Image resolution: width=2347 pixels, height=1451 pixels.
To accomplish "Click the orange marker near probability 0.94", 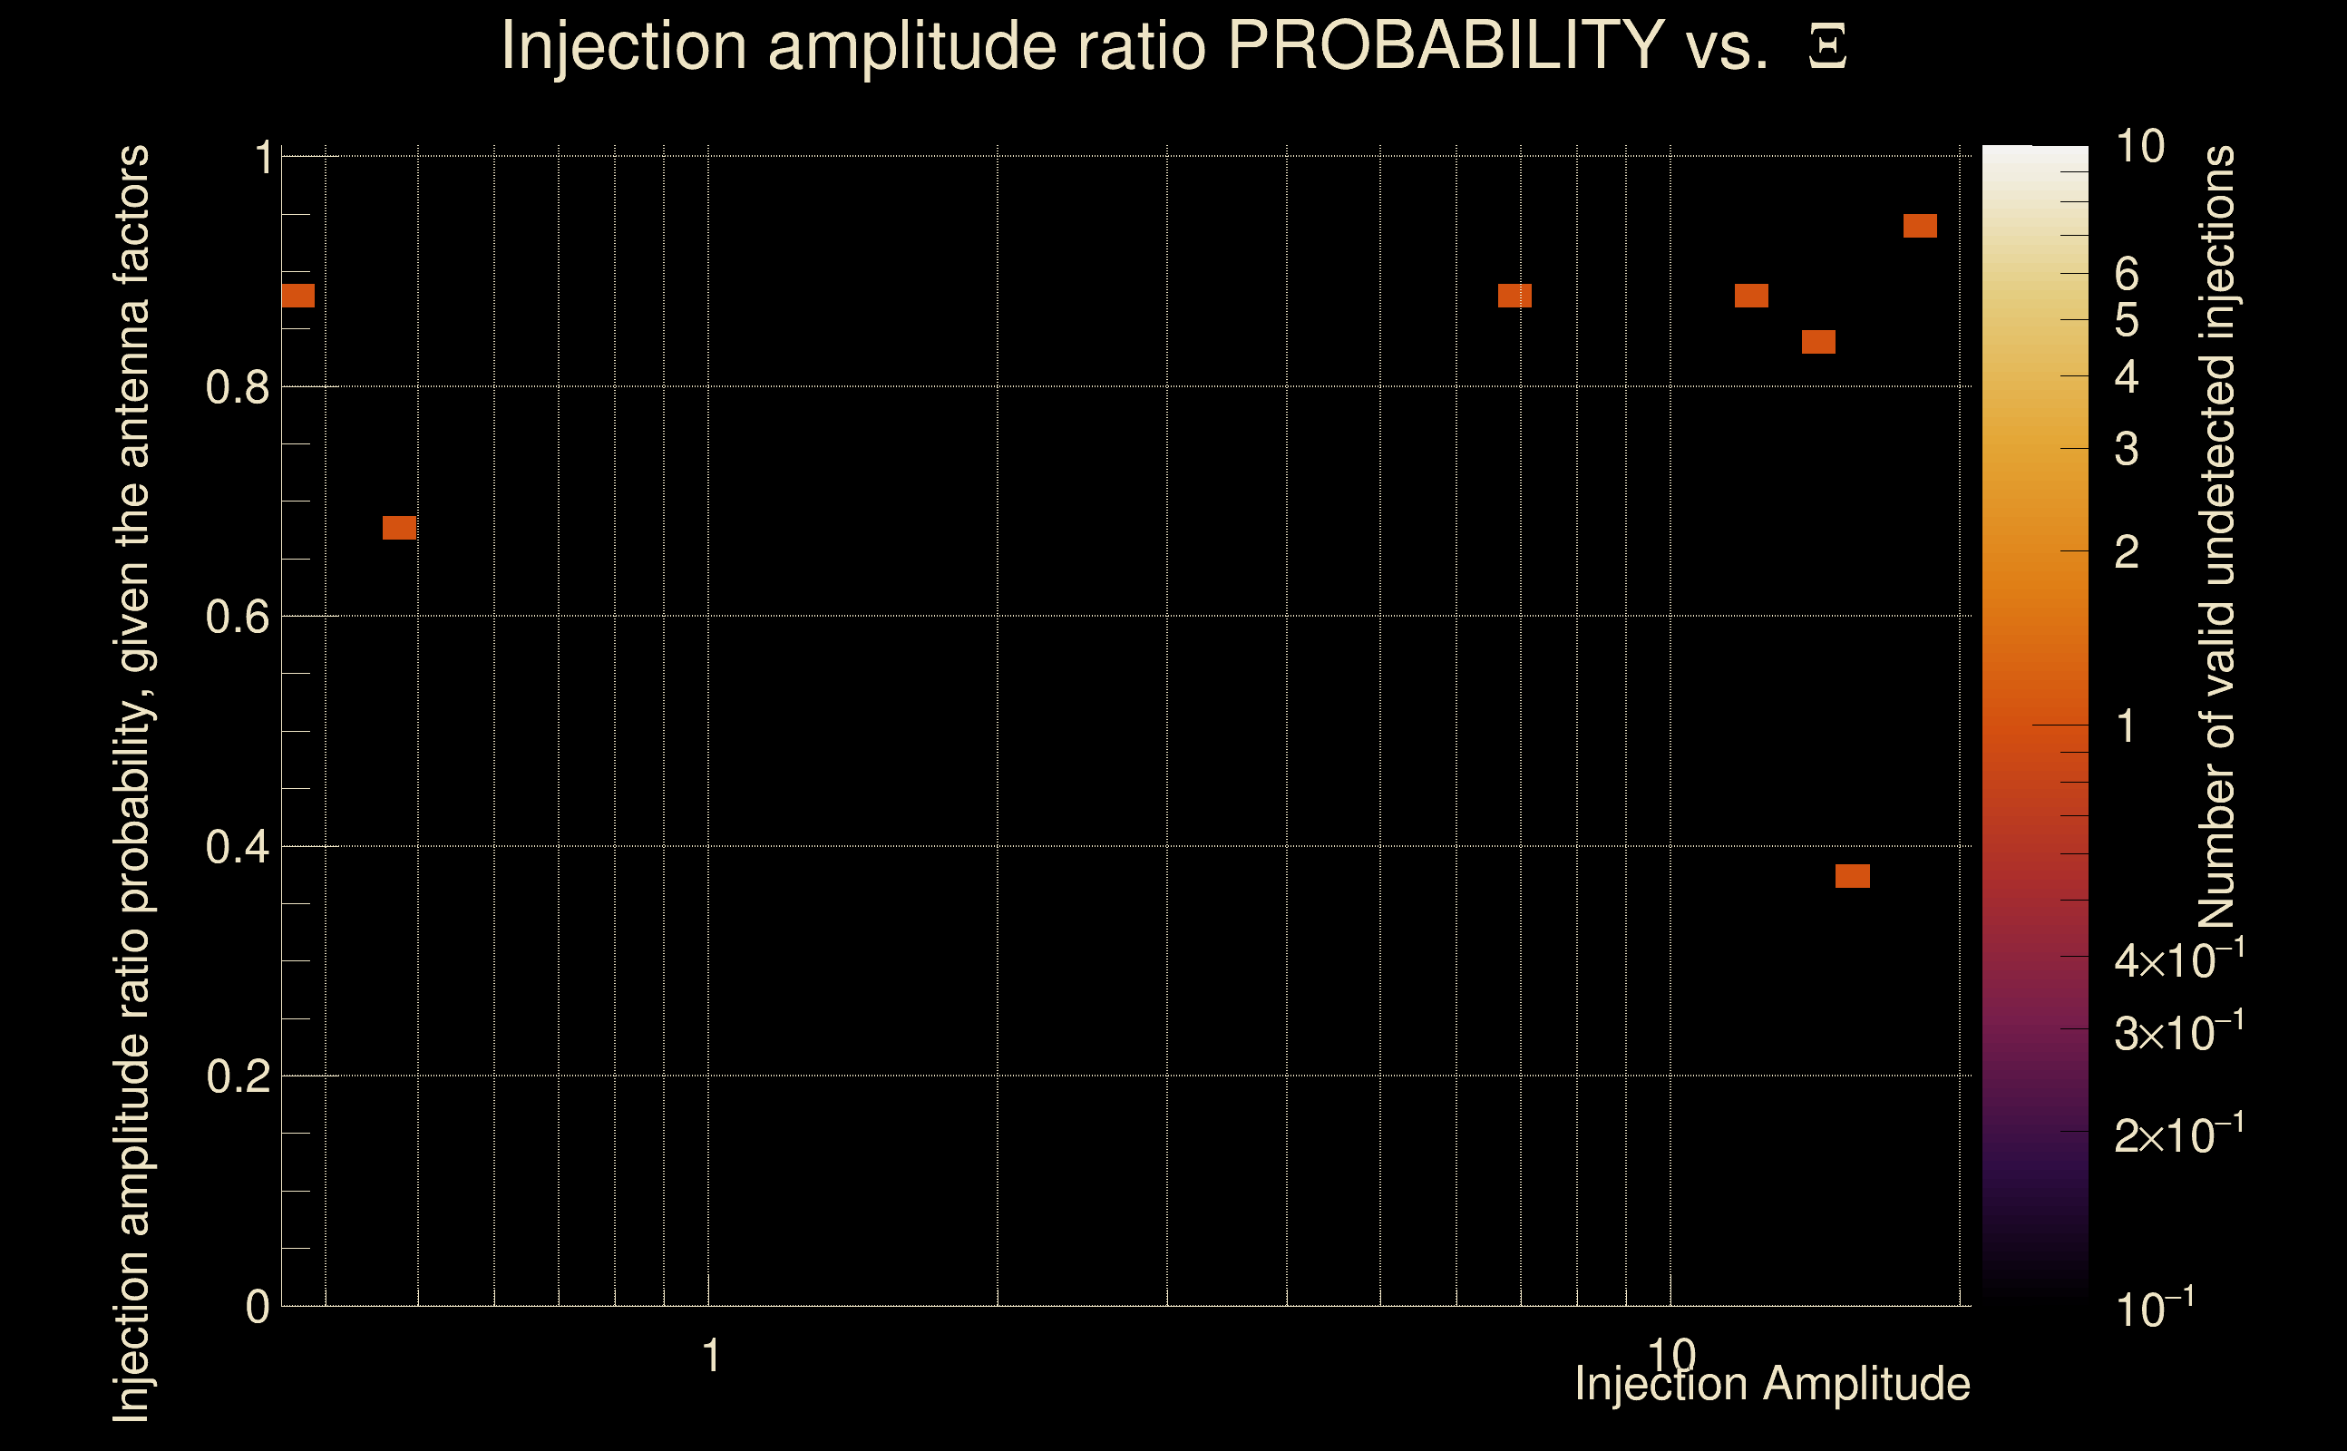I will [x=1920, y=226].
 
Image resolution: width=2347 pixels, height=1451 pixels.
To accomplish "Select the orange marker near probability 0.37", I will [x=1853, y=875].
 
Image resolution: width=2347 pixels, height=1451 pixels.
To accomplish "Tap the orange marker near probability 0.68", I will [x=399, y=527].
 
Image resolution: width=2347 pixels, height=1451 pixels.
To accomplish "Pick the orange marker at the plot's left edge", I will [x=297, y=296].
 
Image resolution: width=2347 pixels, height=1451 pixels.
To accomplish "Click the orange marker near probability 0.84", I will [x=1818, y=342].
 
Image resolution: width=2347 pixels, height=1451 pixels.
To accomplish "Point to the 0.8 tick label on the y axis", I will [x=237, y=388].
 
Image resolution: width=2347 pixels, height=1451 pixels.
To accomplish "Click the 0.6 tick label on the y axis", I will [x=237, y=617].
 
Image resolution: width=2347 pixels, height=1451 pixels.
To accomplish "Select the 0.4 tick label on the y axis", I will [x=237, y=847].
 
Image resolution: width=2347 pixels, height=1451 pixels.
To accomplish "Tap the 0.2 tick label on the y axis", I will [x=237, y=1076].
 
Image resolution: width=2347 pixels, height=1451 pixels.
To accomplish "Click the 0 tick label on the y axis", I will [x=258, y=1307].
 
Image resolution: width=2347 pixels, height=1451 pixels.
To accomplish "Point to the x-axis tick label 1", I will [x=711, y=1356].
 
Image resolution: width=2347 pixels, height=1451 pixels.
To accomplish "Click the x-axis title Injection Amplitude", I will [x=1772, y=1384].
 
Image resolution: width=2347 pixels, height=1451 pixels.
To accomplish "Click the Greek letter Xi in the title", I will [x=1827, y=47].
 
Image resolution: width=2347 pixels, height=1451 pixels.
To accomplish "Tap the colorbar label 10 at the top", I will [x=2139, y=147].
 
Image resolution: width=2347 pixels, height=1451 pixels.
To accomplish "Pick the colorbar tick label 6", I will [x=2127, y=275].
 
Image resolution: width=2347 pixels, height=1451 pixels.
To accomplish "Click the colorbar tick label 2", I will [x=2127, y=551].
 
